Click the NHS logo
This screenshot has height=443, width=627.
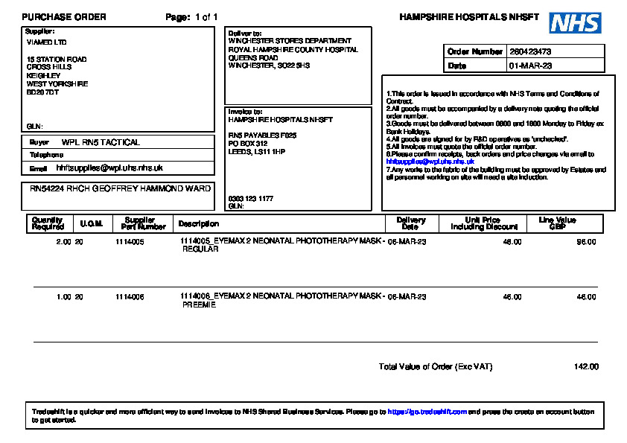(x=575, y=22)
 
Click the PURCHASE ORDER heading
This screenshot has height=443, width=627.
(x=64, y=17)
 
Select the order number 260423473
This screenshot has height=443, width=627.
(x=530, y=52)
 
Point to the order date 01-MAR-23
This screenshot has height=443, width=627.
(x=530, y=66)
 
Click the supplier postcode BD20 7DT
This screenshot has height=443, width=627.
(x=42, y=92)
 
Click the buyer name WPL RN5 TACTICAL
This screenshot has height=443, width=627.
(x=101, y=142)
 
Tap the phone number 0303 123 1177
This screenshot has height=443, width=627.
(x=250, y=199)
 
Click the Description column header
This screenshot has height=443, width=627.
(x=199, y=223)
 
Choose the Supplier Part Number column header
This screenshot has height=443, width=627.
(x=140, y=223)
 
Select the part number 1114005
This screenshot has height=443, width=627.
(x=130, y=243)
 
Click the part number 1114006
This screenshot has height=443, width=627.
(x=130, y=297)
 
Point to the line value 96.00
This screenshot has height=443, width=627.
(x=587, y=243)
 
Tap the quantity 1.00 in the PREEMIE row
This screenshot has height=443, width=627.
(x=64, y=297)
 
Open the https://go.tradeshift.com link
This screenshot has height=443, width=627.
(x=427, y=412)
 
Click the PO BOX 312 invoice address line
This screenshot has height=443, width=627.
(x=248, y=144)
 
